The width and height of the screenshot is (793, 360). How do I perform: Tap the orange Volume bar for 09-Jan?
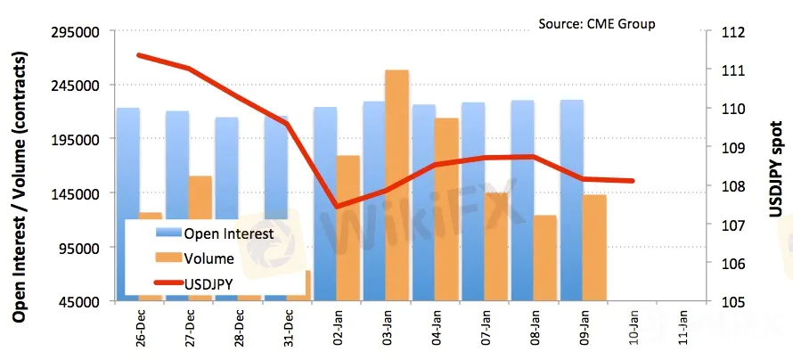pos(594,245)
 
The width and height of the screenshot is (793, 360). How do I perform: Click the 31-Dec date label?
pos(287,331)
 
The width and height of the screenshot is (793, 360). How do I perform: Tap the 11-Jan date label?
pos(681,331)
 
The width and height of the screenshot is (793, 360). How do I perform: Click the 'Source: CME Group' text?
pos(596,23)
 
